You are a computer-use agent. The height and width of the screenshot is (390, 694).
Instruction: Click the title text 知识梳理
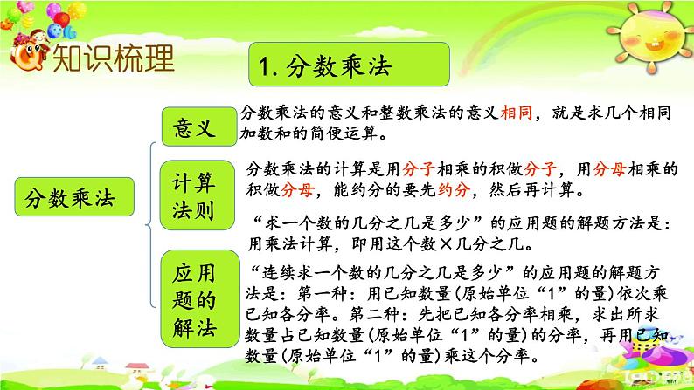[x=114, y=58]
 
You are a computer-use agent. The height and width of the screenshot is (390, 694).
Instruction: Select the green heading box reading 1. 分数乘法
[x=350, y=64]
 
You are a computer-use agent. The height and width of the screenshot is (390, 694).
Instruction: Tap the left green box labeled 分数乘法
[x=74, y=196]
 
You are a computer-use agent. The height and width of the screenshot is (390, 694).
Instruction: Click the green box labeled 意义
[x=199, y=127]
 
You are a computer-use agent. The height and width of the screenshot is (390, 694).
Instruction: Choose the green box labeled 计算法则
[x=197, y=195]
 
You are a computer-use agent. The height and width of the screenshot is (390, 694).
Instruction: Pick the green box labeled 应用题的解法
[x=199, y=298]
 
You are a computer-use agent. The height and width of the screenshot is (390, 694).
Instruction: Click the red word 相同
[x=516, y=113]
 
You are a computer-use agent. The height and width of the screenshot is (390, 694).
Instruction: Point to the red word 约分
[x=454, y=190]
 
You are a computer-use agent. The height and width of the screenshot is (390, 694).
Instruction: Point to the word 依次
[x=623, y=293]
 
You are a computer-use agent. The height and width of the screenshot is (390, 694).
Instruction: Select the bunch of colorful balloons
[x=46, y=18]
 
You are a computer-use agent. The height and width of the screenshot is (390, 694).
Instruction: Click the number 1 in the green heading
[x=265, y=67]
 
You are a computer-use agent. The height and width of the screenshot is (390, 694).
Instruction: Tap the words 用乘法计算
[x=290, y=243]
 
